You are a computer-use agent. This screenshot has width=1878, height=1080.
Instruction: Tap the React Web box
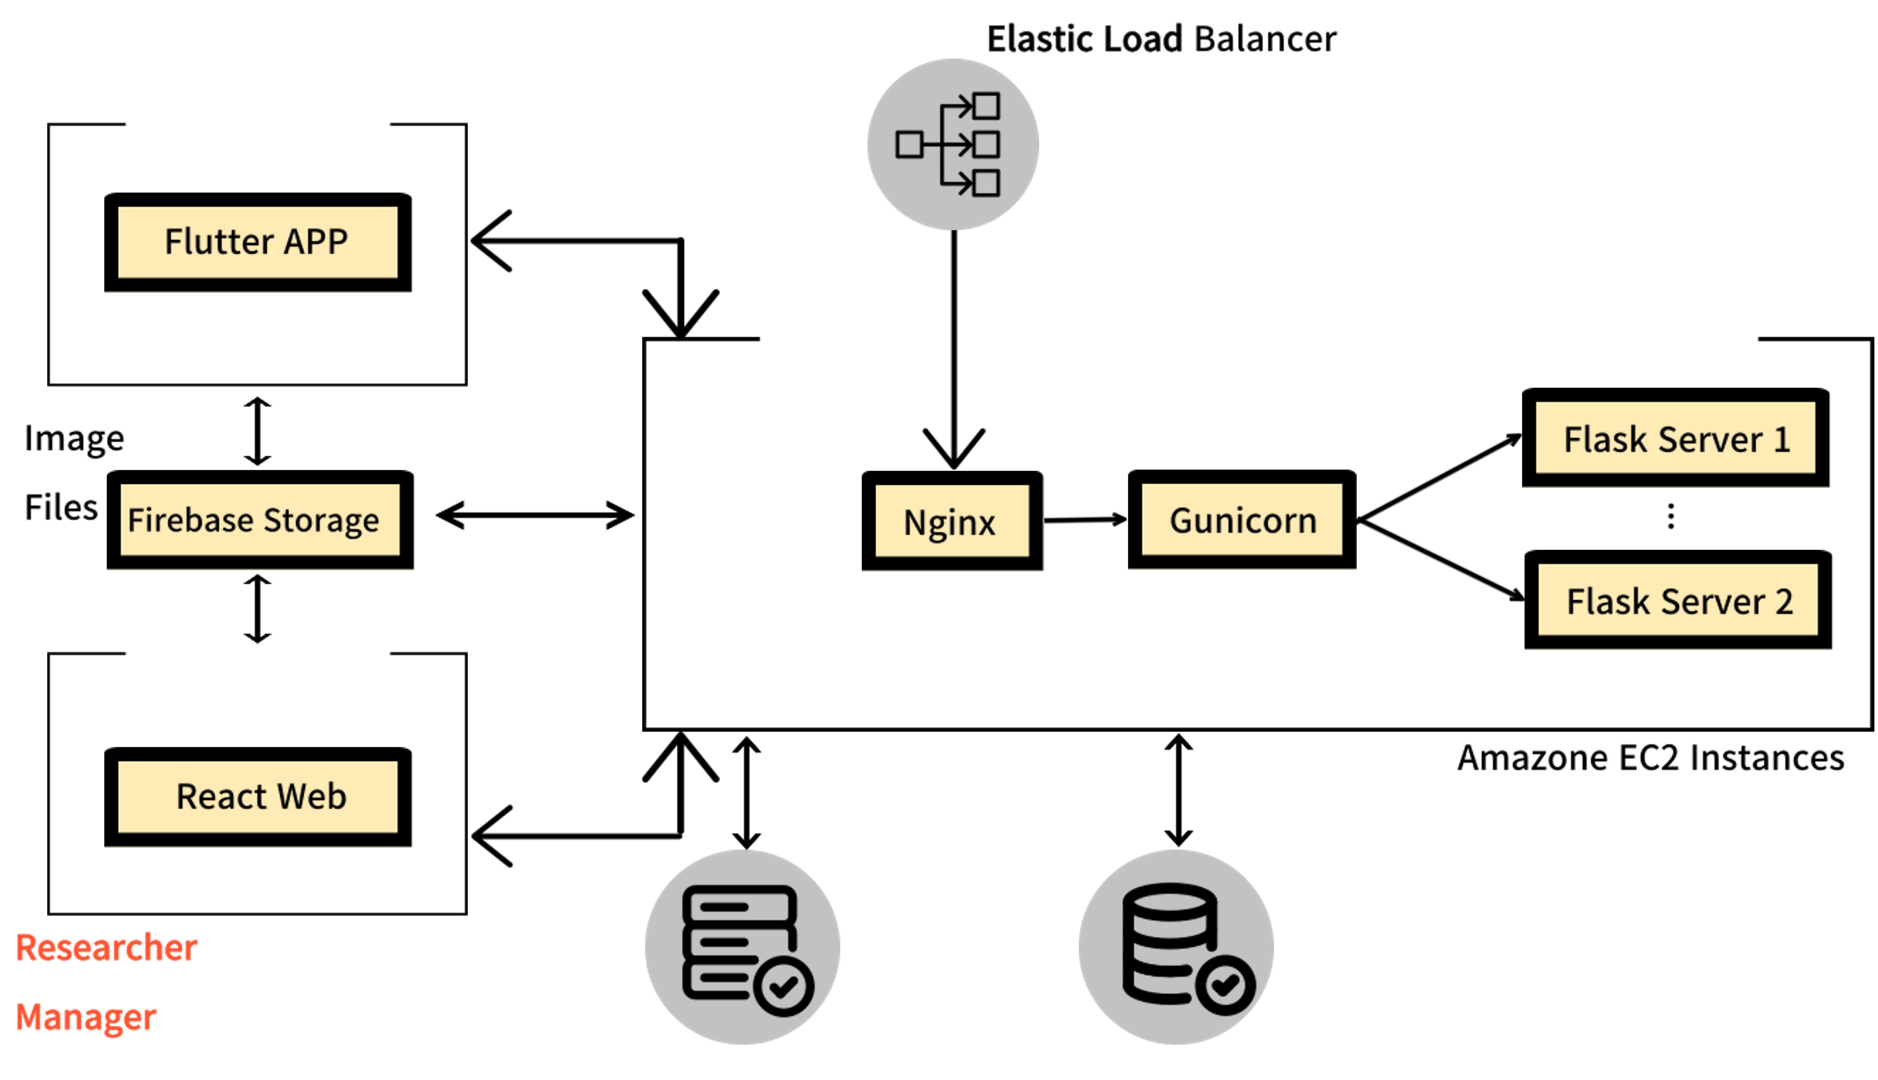point(257,797)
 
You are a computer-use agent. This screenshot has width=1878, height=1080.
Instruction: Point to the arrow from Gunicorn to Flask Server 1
point(1439,478)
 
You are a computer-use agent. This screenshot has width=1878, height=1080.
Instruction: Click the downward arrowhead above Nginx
point(954,448)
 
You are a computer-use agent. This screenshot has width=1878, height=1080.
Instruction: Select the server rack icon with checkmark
point(742,946)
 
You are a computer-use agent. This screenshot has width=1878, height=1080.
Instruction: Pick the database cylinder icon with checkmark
point(1176,946)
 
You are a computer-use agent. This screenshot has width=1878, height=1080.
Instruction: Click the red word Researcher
point(107,948)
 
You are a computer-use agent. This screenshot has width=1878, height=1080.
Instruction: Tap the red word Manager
point(86,1017)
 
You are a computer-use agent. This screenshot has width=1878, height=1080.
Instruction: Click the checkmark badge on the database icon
point(1225,985)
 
